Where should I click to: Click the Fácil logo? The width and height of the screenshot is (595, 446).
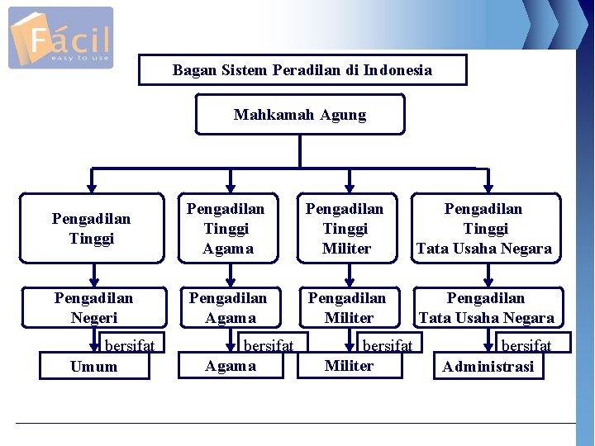point(60,38)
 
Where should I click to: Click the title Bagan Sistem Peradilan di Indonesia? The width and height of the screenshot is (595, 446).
point(302,70)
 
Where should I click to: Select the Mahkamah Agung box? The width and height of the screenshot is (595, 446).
point(300,114)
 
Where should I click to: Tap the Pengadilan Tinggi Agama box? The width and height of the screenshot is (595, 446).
point(228,229)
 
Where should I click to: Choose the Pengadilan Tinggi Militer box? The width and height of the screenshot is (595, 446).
point(346,229)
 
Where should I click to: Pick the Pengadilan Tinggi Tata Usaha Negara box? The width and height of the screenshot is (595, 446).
point(485,229)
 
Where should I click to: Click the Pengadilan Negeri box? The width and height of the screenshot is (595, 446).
point(93,307)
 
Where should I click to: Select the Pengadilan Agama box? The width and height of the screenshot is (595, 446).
point(229,307)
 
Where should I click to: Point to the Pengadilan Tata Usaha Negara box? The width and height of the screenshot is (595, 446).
point(487,307)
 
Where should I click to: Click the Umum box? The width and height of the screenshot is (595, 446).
point(94,366)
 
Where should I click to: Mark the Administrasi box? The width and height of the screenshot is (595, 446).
point(488,366)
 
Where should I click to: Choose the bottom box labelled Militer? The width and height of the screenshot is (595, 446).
point(350,365)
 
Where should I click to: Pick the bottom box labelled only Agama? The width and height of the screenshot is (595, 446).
point(231,365)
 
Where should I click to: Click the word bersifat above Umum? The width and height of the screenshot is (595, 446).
point(130,345)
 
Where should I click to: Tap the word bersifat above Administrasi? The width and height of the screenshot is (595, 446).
point(526,345)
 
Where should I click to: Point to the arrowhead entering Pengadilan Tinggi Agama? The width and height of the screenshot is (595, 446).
point(231,187)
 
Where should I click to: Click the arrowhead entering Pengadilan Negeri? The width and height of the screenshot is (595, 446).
point(93,281)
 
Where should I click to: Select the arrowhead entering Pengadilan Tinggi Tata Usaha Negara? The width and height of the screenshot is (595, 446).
point(485,187)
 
